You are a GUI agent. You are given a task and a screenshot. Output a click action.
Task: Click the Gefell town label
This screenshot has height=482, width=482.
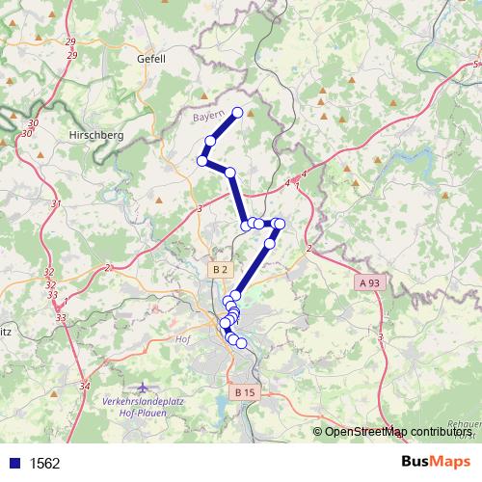[151, 59]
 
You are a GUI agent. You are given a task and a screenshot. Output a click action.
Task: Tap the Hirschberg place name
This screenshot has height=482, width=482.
[96, 136]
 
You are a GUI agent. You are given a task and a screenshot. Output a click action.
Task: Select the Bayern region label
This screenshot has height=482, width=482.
[208, 117]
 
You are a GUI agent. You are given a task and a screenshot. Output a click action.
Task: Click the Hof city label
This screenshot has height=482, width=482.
[184, 339]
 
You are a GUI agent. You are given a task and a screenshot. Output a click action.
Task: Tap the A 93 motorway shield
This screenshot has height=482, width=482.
[370, 282]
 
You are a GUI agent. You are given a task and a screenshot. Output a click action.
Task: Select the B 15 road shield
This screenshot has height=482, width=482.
[245, 392]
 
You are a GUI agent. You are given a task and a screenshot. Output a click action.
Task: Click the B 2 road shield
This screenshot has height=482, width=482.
[222, 268]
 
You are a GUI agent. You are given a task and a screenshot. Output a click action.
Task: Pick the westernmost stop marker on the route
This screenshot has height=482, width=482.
[202, 161]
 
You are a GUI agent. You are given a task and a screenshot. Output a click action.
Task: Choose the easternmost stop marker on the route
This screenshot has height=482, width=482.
[280, 224]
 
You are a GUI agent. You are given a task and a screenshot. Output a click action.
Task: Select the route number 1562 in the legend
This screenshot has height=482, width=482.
[45, 463]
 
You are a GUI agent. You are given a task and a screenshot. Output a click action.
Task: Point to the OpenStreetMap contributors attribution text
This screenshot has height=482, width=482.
[398, 431]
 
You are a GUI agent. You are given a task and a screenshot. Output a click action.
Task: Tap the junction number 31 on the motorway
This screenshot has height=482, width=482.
[56, 203]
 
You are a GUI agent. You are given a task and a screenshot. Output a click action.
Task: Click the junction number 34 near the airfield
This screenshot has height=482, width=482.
[84, 387]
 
